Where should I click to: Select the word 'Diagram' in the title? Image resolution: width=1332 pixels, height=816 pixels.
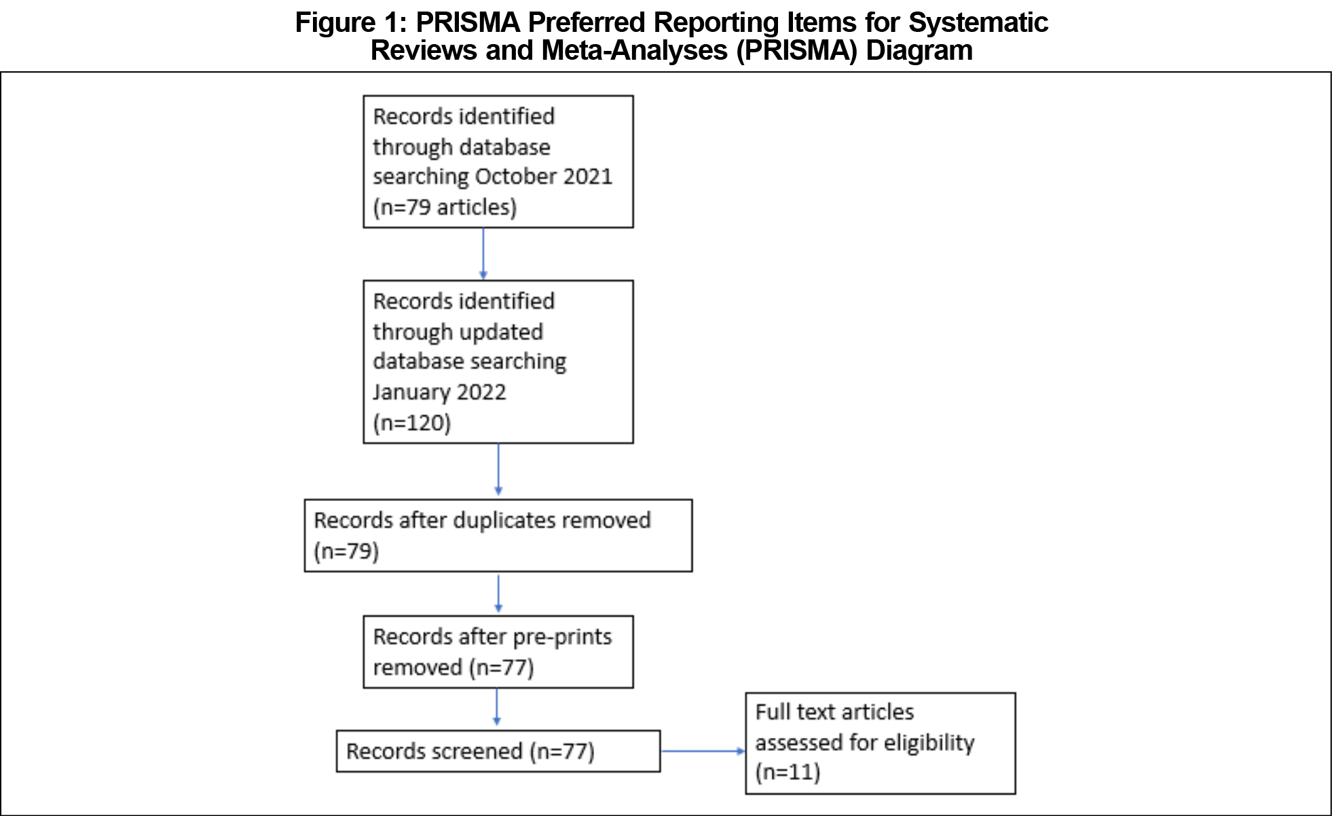tap(919, 50)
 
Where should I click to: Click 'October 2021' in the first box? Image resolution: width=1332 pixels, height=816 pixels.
tap(544, 177)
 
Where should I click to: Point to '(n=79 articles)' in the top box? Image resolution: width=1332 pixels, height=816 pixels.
tap(445, 207)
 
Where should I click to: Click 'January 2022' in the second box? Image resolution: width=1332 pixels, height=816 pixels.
tap(439, 392)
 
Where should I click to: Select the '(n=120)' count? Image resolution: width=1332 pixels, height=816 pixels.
tap(412, 423)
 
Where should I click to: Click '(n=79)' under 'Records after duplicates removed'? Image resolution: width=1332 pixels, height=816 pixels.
tap(346, 551)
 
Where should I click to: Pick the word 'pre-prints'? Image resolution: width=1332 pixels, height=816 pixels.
tap(562, 637)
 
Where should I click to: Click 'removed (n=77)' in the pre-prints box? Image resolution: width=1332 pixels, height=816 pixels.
tap(454, 667)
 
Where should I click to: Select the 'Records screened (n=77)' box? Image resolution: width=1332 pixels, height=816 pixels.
tap(498, 751)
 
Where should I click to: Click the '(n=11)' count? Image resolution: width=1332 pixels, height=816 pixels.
tap(788, 773)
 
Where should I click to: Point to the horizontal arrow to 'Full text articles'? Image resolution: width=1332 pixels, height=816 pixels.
tap(703, 752)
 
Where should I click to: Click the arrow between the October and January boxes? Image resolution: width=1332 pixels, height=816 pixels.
tap(483, 254)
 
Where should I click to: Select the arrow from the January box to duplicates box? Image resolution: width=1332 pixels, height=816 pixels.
tap(498, 470)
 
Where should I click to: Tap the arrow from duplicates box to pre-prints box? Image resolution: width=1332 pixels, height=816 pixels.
tap(498, 594)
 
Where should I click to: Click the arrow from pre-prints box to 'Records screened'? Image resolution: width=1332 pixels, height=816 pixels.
tap(497, 707)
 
